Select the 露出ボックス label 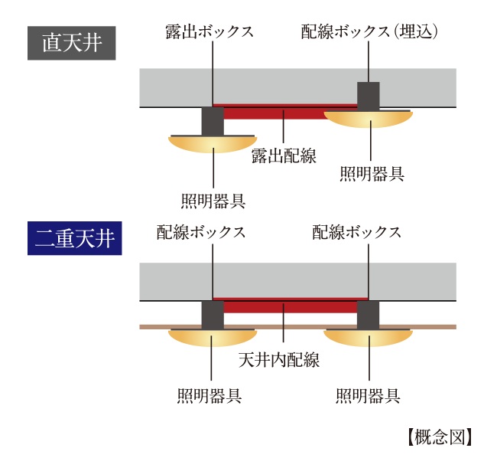(210, 31)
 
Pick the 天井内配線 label (284, 358)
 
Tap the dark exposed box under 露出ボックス (212, 121)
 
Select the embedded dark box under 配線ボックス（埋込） (369, 94)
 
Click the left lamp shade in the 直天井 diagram (213, 143)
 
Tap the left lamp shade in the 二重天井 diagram (213, 338)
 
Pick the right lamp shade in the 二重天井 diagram (369, 338)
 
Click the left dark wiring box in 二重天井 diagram (213, 315)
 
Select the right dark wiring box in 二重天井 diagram (369, 315)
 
